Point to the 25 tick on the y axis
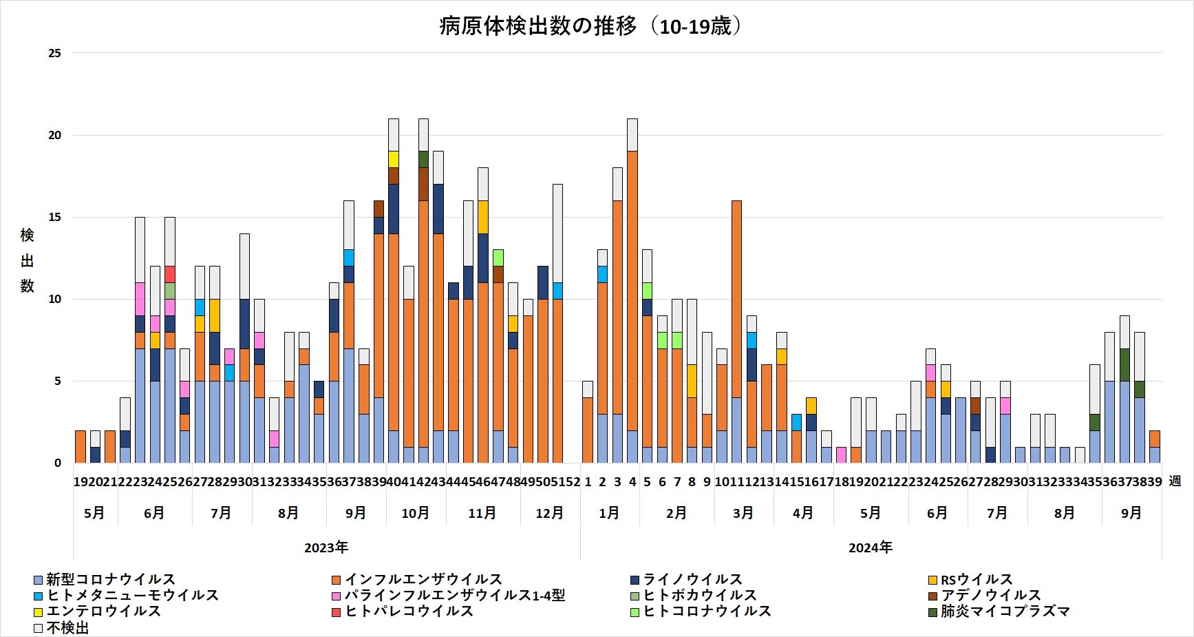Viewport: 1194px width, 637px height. coord(54,53)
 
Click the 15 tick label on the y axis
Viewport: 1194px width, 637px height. coord(54,218)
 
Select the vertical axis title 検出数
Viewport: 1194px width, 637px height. coord(27,260)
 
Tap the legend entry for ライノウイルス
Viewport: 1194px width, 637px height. coord(692,580)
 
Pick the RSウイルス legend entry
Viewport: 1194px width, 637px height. coord(976,580)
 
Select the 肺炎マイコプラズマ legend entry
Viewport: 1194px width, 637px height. coord(1004,612)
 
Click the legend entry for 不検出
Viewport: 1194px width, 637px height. coord(67,628)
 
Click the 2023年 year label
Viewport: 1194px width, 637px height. coord(326,547)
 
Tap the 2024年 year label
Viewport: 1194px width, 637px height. coord(871,547)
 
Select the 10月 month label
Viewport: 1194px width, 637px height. coord(415,513)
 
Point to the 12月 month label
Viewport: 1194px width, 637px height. coord(549,513)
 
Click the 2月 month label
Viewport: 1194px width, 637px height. coord(676,513)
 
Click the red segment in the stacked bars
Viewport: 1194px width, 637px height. coord(170,274)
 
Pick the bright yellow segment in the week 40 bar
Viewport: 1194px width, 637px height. coord(394,159)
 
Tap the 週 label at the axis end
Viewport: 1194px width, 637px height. coord(1175,481)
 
